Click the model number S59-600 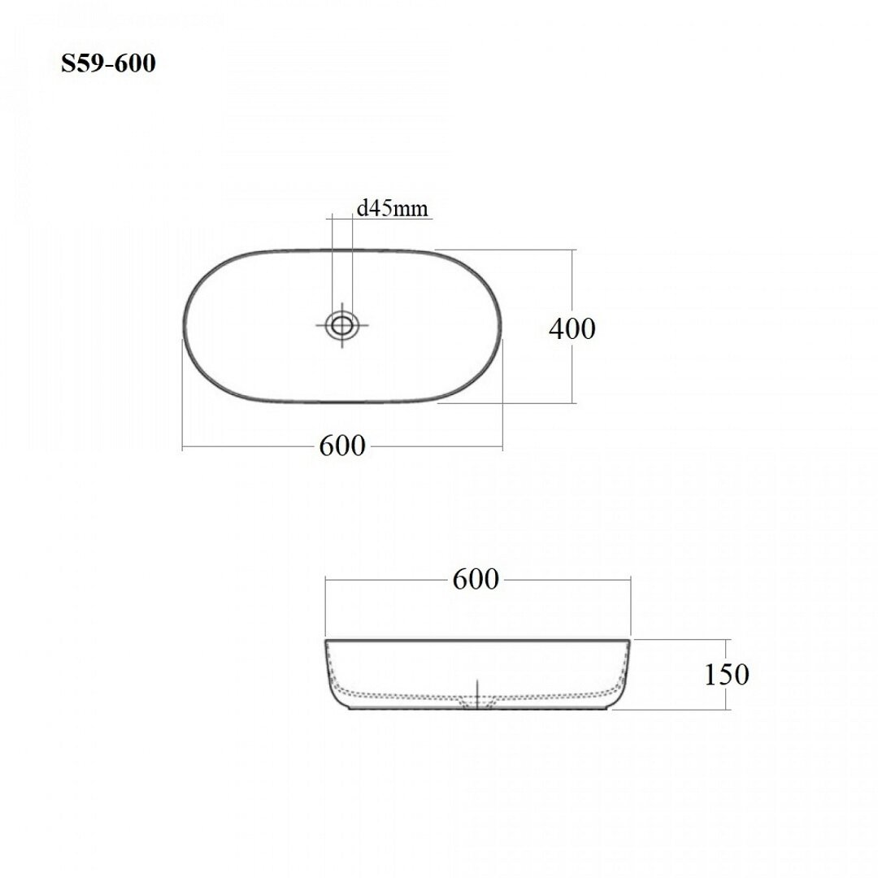tap(108, 63)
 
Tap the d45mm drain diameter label tap(392, 208)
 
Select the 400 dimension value tap(572, 328)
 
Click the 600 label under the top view tap(342, 446)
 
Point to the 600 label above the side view tap(476, 580)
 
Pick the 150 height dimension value tap(726, 675)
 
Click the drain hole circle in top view tap(341, 324)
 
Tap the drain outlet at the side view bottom tap(477, 703)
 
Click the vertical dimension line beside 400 tap(572, 326)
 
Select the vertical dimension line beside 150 tap(726, 675)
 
